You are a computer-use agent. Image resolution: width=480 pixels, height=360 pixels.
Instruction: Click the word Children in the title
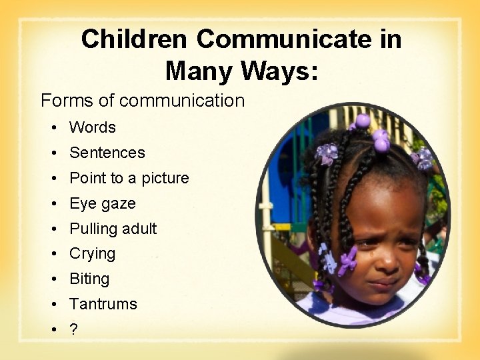[135, 40]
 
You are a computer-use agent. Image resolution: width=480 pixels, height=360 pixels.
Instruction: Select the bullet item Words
[93, 127]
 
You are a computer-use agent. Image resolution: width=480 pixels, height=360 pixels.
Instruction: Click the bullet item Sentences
[107, 153]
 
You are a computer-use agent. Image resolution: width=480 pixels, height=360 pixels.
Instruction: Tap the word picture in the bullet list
[165, 178]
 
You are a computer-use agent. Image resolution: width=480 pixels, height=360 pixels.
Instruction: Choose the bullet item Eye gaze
[103, 203]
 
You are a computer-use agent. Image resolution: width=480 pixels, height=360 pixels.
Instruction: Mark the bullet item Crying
[93, 254]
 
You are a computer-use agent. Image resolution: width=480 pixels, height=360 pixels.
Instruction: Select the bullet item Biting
[89, 279]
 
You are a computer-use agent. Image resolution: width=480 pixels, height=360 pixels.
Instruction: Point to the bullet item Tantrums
[103, 305]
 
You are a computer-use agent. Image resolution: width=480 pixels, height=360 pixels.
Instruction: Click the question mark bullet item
[73, 330]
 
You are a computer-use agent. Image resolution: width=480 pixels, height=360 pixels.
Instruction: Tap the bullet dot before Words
[52, 127]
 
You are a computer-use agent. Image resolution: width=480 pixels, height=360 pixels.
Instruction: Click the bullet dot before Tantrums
[52, 305]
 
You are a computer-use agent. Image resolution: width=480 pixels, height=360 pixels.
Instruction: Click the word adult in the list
[139, 229]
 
